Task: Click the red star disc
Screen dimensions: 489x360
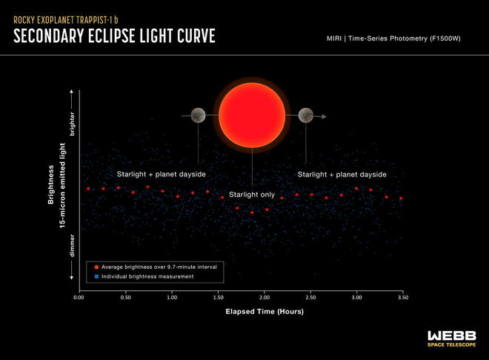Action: click(x=252, y=115)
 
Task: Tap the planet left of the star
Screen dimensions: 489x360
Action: click(x=198, y=116)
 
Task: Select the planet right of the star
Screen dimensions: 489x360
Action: click(x=306, y=116)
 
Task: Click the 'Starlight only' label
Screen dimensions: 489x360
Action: click(x=252, y=195)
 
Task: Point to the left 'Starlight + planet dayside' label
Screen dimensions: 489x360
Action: click(x=162, y=174)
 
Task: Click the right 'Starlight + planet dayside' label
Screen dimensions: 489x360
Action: click(x=342, y=175)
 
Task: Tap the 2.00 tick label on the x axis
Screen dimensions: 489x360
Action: click(x=265, y=297)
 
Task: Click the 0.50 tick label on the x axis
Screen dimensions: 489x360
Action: click(x=126, y=297)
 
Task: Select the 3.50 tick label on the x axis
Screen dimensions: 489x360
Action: click(x=403, y=297)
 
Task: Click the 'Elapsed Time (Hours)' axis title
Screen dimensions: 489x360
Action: click(x=265, y=311)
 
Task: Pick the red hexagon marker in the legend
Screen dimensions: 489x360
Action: click(x=96, y=267)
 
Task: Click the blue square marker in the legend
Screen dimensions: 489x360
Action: click(x=96, y=276)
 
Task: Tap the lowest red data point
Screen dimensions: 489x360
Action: click(x=252, y=213)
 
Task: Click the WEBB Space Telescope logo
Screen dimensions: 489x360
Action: click(x=451, y=339)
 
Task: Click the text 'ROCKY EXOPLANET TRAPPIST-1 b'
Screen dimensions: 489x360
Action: click(x=66, y=20)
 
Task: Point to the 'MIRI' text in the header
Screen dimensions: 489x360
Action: click(x=334, y=39)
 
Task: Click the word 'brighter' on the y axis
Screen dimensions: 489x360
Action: click(x=72, y=124)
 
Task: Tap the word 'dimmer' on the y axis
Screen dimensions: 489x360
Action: click(x=72, y=246)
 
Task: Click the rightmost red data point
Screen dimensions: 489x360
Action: click(x=401, y=199)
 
